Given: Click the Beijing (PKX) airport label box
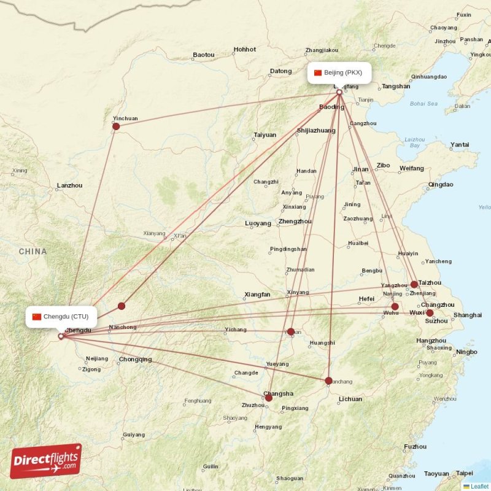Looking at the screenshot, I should [x=339, y=72].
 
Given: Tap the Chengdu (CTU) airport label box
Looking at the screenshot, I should [x=61, y=317].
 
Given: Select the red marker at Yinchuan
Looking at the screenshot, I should [x=116, y=126].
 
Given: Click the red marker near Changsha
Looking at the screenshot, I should [x=268, y=398].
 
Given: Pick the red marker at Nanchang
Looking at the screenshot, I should [x=329, y=381].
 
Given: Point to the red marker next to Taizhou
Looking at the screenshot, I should [x=414, y=284].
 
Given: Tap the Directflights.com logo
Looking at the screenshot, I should [x=46, y=461].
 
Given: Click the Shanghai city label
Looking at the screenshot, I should [x=467, y=315].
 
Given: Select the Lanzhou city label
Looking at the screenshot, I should [x=69, y=185].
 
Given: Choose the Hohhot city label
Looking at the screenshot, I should [x=245, y=49].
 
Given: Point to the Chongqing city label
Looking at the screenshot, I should [x=135, y=360].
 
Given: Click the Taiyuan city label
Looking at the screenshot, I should [x=265, y=135].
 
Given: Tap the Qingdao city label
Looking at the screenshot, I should [x=441, y=184].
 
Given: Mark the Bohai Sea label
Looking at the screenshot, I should [x=424, y=104].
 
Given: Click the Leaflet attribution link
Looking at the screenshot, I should [x=479, y=486].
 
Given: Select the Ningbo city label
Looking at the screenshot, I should [x=466, y=352].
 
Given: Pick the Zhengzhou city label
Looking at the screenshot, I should [x=295, y=221].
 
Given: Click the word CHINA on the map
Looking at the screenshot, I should [x=33, y=252].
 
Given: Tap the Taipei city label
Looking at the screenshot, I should [x=465, y=473].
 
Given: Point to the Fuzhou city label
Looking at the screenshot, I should [x=416, y=447].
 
